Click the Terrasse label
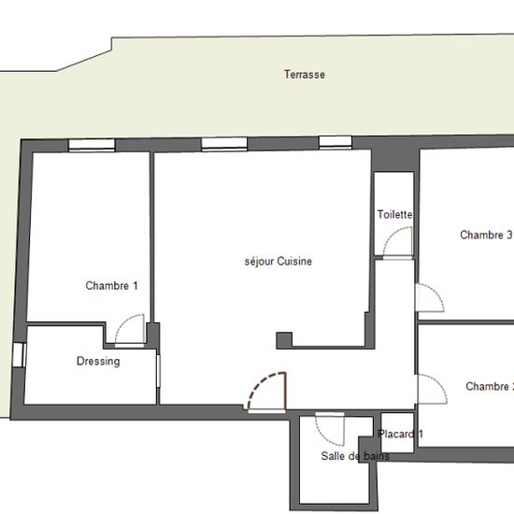(305, 75)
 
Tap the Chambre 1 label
(111, 286)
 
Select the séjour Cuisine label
(278, 262)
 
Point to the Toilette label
(394, 214)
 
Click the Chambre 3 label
(486, 235)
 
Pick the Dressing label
(98, 362)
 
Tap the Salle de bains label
(355, 456)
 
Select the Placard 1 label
(400, 434)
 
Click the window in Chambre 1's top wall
(92, 145)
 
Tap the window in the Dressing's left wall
(19, 355)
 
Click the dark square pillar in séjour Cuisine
(284, 340)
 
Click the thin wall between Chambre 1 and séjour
(151, 237)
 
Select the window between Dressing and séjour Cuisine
(158, 371)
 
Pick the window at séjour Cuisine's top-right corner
(336, 143)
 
